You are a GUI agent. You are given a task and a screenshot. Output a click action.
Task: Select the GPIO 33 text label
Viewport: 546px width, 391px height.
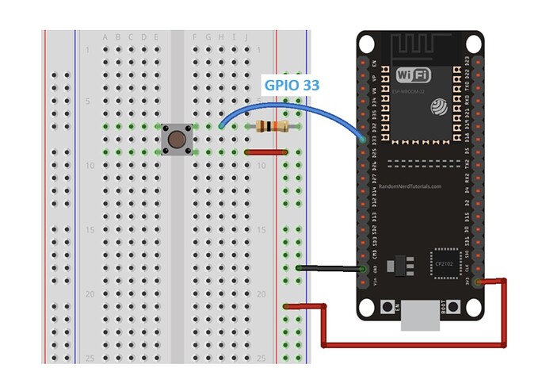(292, 82)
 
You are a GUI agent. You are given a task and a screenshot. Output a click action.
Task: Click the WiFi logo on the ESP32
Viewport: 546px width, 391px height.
(413, 76)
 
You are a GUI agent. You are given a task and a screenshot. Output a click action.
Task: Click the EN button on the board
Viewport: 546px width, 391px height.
(388, 306)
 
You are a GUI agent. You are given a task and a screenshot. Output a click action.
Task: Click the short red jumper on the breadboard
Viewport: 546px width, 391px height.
(265, 151)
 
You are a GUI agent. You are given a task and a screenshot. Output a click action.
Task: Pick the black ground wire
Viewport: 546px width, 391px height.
(329, 269)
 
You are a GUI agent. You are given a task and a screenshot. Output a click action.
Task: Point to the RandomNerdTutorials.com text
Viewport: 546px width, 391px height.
(410, 187)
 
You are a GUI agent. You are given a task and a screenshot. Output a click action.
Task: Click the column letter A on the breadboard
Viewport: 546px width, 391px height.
(105, 37)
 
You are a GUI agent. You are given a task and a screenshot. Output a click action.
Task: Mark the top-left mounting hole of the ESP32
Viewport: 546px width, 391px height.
(366, 42)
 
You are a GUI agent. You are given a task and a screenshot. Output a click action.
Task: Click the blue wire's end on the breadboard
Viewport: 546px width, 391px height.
(220, 127)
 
